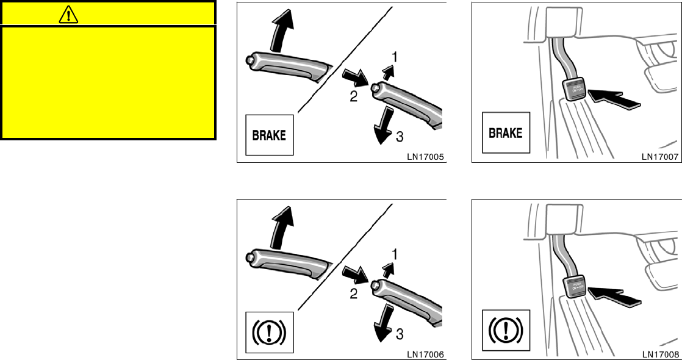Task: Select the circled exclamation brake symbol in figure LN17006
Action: coord(269,333)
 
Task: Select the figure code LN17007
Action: coord(659,156)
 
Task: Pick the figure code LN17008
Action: coord(659,354)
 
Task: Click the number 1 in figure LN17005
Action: coord(395,57)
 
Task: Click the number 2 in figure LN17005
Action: coord(353,96)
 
